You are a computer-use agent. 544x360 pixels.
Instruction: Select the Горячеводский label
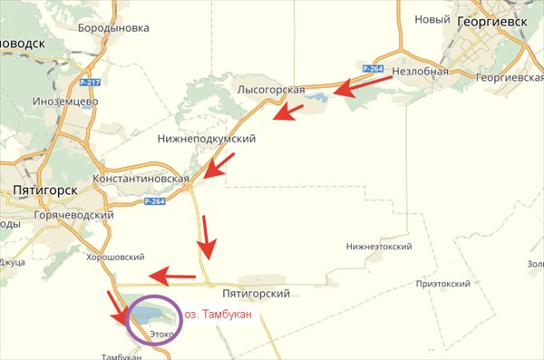pyautogui.click(x=72, y=215)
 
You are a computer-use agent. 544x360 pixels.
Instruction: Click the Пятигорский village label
pyautogui.click(x=255, y=294)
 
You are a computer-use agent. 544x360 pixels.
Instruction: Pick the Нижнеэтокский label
pyautogui.click(x=380, y=247)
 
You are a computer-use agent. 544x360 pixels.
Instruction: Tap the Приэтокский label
pyautogui.click(x=442, y=283)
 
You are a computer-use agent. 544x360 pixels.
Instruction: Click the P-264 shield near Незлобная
pyautogui.click(x=372, y=68)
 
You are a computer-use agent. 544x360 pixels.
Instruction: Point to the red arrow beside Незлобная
pyautogui.click(x=364, y=84)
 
